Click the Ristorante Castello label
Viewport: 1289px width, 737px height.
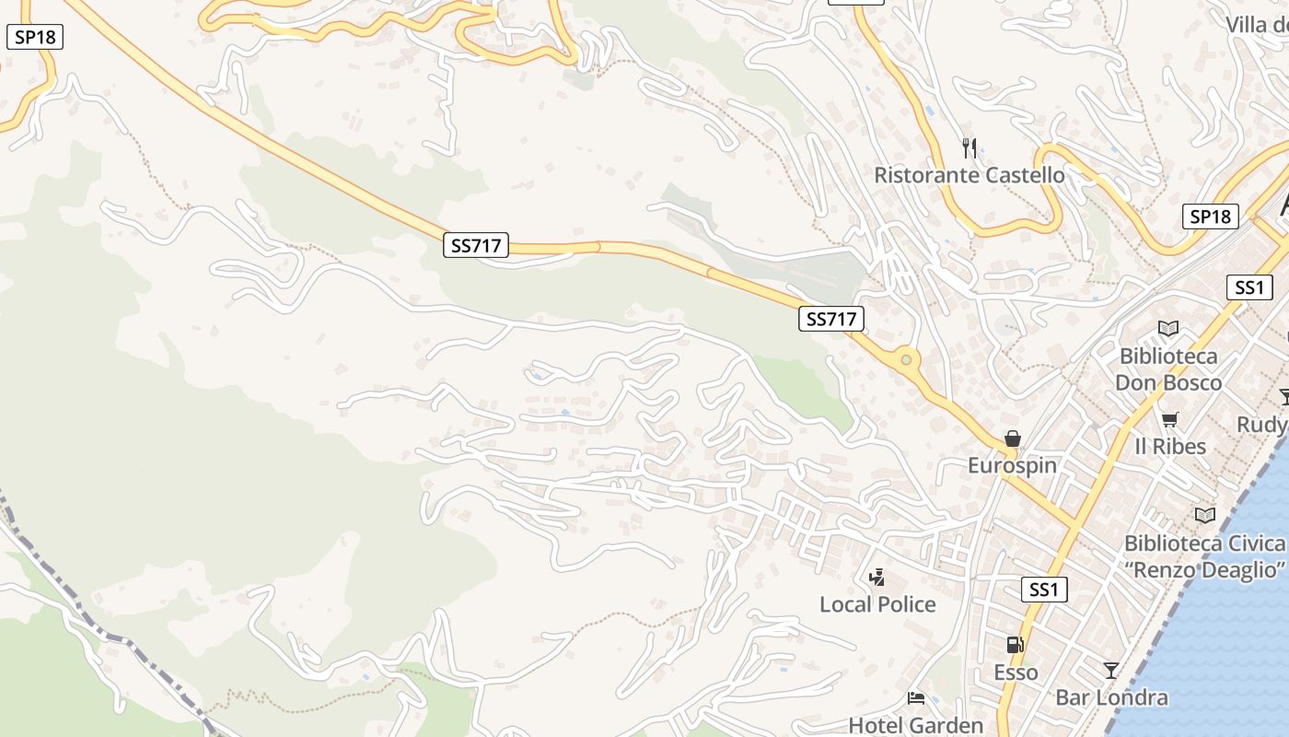[969, 175]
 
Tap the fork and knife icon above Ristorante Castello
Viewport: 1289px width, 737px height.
[969, 146]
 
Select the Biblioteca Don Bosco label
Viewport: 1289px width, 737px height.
[1167, 369]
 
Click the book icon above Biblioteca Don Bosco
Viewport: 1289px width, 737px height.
[1167, 328]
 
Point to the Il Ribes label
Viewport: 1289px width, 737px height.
[1169, 447]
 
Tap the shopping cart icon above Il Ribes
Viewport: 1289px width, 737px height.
[1169, 420]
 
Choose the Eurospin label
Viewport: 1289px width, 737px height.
[1012, 465]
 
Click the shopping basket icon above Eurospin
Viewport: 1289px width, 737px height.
[1012, 439]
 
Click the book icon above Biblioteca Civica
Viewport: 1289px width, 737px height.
[1204, 515]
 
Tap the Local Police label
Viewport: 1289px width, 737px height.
[877, 604]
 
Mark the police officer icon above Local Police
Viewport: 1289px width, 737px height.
[877, 578]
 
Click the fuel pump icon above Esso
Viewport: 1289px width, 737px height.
[1015, 646]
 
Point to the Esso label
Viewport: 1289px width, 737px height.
[1016, 673]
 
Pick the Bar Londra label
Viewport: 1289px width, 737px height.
[1111, 697]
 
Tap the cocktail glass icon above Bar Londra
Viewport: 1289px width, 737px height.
[1111, 670]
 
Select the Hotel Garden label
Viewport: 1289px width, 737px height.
[915, 725]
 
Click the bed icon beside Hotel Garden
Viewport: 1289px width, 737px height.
[915, 697]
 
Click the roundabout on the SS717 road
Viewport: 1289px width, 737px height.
[906, 359]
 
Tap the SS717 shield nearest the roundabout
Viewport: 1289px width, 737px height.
[830, 319]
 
